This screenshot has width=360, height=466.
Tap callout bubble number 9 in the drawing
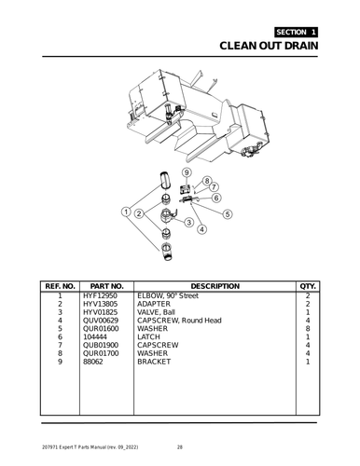[x=187, y=172]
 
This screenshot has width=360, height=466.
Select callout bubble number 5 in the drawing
[x=228, y=214]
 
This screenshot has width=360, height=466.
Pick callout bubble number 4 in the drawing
[x=202, y=229]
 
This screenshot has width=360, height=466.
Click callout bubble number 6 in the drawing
[x=216, y=197]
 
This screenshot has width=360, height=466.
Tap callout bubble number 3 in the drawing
[x=188, y=222]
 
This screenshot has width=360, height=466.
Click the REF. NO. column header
[x=59, y=285]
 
